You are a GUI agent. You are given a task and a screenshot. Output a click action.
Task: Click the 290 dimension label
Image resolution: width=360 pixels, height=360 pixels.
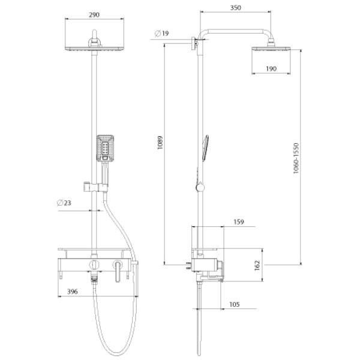click(x=94, y=15)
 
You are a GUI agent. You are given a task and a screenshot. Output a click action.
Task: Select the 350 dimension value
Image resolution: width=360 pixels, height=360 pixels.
click(x=236, y=8)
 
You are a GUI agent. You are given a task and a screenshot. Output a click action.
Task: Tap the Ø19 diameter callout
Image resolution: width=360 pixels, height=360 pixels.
click(x=161, y=34)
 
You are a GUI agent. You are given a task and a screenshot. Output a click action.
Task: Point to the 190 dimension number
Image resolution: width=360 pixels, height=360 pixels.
click(x=271, y=68)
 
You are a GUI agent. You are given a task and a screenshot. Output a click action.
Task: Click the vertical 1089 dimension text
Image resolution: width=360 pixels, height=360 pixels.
click(x=160, y=143)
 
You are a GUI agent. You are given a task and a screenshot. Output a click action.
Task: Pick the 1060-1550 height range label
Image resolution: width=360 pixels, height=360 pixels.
click(x=296, y=158)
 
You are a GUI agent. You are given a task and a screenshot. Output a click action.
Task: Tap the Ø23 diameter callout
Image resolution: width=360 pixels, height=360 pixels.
click(x=64, y=203)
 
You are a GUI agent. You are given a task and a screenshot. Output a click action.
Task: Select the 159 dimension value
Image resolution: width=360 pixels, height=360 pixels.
click(x=239, y=222)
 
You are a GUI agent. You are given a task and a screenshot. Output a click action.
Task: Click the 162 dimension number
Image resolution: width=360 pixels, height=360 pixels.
click(x=257, y=265)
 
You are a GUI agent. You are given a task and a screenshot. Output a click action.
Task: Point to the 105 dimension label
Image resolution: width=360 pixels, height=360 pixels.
click(x=235, y=304)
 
